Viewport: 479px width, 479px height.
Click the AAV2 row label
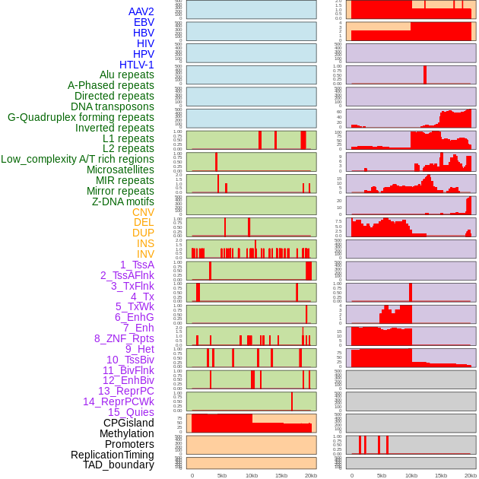tap(141, 11)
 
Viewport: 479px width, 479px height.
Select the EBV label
tap(144, 22)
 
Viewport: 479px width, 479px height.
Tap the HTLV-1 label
tap(137, 65)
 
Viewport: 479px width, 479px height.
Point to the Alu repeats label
tap(127, 75)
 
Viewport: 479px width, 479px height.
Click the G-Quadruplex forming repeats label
tap(81, 117)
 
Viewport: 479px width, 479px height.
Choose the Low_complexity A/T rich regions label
tap(78, 159)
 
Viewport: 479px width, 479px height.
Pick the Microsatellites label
tap(120, 170)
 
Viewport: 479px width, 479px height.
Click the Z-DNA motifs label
tap(123, 201)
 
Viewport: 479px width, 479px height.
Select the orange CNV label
tap(143, 212)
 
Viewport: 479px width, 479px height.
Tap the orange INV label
tap(145, 254)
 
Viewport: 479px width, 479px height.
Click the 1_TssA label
tap(137, 265)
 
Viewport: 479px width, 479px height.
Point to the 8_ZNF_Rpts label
tap(124, 338)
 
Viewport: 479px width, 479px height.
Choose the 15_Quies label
tap(131, 412)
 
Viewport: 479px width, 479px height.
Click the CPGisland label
tap(128, 423)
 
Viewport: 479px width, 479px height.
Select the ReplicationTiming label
tap(113, 455)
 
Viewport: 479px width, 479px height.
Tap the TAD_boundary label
tap(119, 465)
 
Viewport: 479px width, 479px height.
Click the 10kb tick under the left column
tap(252, 475)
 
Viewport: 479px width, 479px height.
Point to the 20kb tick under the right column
tap(471, 475)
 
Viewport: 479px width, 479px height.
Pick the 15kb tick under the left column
tap(281, 475)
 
